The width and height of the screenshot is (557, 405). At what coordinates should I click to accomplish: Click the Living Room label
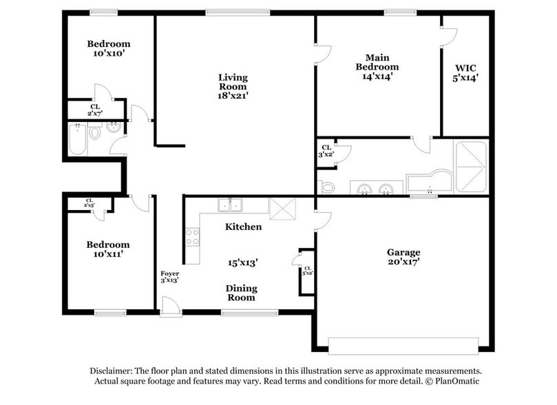[x=233, y=87]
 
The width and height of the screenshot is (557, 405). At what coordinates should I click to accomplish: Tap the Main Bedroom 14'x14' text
[x=377, y=67]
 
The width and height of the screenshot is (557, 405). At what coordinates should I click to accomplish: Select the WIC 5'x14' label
[x=465, y=73]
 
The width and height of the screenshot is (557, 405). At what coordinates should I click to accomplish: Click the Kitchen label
[x=243, y=227]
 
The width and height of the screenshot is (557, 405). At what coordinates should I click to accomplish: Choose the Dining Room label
[x=241, y=293]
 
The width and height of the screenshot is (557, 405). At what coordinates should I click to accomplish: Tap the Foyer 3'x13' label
[x=169, y=277]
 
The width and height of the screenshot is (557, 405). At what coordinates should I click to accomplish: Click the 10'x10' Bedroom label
[x=108, y=48]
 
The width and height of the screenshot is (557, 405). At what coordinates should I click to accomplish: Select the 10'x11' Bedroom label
[x=107, y=249]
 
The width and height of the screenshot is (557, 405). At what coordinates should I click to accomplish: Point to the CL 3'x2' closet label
[x=326, y=151]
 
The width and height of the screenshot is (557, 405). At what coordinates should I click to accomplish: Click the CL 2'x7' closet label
[x=94, y=109]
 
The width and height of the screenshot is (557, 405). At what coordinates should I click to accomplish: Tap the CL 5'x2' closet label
[x=307, y=271]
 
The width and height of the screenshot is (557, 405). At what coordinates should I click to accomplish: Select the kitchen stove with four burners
[x=192, y=237]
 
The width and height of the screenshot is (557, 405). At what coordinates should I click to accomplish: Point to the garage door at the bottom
[x=403, y=345]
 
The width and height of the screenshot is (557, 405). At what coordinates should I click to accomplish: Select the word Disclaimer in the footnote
[x=114, y=370]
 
